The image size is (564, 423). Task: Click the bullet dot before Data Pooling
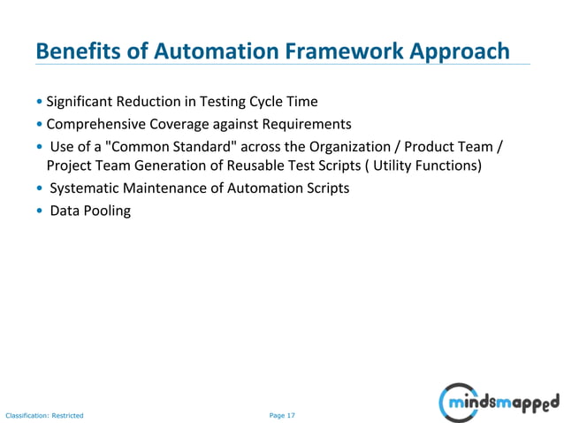click(40, 211)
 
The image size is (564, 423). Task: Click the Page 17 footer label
click(282, 414)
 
